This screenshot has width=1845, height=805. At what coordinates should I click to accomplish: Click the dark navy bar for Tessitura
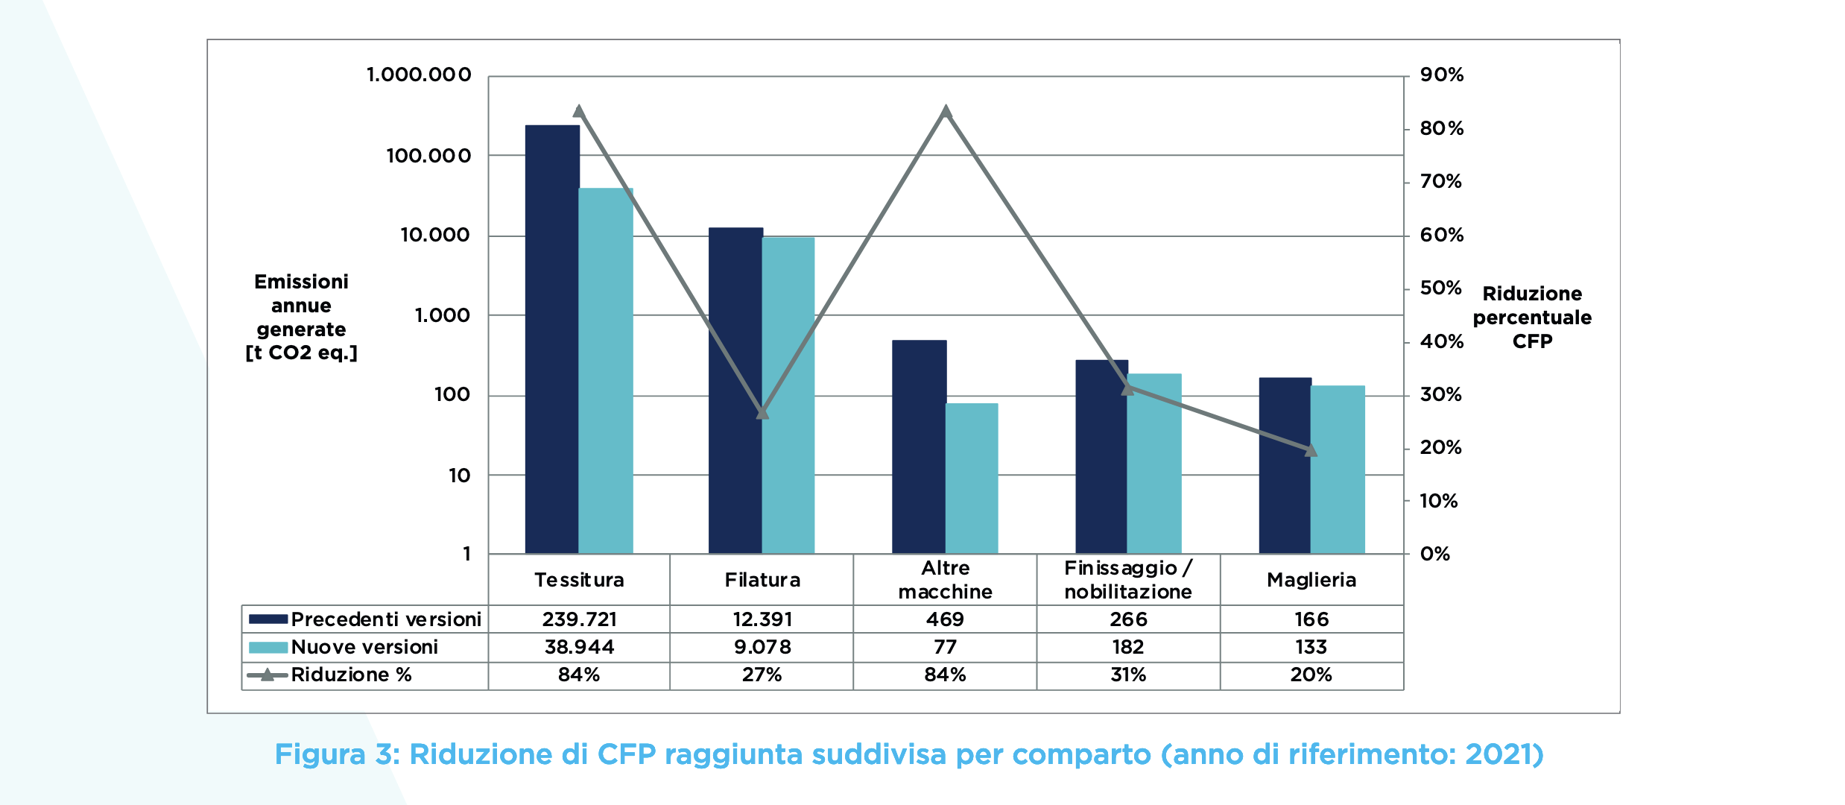552,339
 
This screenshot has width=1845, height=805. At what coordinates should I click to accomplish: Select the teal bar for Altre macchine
972,478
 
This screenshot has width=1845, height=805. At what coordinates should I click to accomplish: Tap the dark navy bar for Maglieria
1285,465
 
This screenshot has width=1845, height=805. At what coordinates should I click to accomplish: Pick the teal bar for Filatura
788,395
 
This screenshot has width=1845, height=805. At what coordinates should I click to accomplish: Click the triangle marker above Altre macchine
946,112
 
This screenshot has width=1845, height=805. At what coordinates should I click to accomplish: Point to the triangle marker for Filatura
762,412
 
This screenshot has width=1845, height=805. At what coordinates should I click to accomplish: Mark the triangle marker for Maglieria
1311,449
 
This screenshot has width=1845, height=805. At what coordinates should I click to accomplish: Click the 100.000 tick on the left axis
428,156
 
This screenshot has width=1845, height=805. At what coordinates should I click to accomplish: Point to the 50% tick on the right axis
1440,288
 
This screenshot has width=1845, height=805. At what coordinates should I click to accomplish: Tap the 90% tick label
1441,75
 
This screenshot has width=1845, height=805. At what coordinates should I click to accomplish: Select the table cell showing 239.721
579,619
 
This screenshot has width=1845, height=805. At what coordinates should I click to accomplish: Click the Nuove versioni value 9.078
762,647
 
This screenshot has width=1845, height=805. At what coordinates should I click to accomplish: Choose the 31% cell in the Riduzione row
1128,675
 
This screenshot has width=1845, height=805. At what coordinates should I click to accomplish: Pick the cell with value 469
945,619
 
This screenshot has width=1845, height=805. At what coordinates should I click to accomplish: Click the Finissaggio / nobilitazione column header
1128,580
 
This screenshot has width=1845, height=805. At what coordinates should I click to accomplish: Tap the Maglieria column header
1311,580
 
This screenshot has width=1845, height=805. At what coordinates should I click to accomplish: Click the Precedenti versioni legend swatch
268,619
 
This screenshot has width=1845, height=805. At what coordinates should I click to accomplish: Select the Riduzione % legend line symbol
268,675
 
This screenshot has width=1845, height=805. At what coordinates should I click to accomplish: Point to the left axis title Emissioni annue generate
301,317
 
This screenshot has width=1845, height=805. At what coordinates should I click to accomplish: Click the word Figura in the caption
320,754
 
